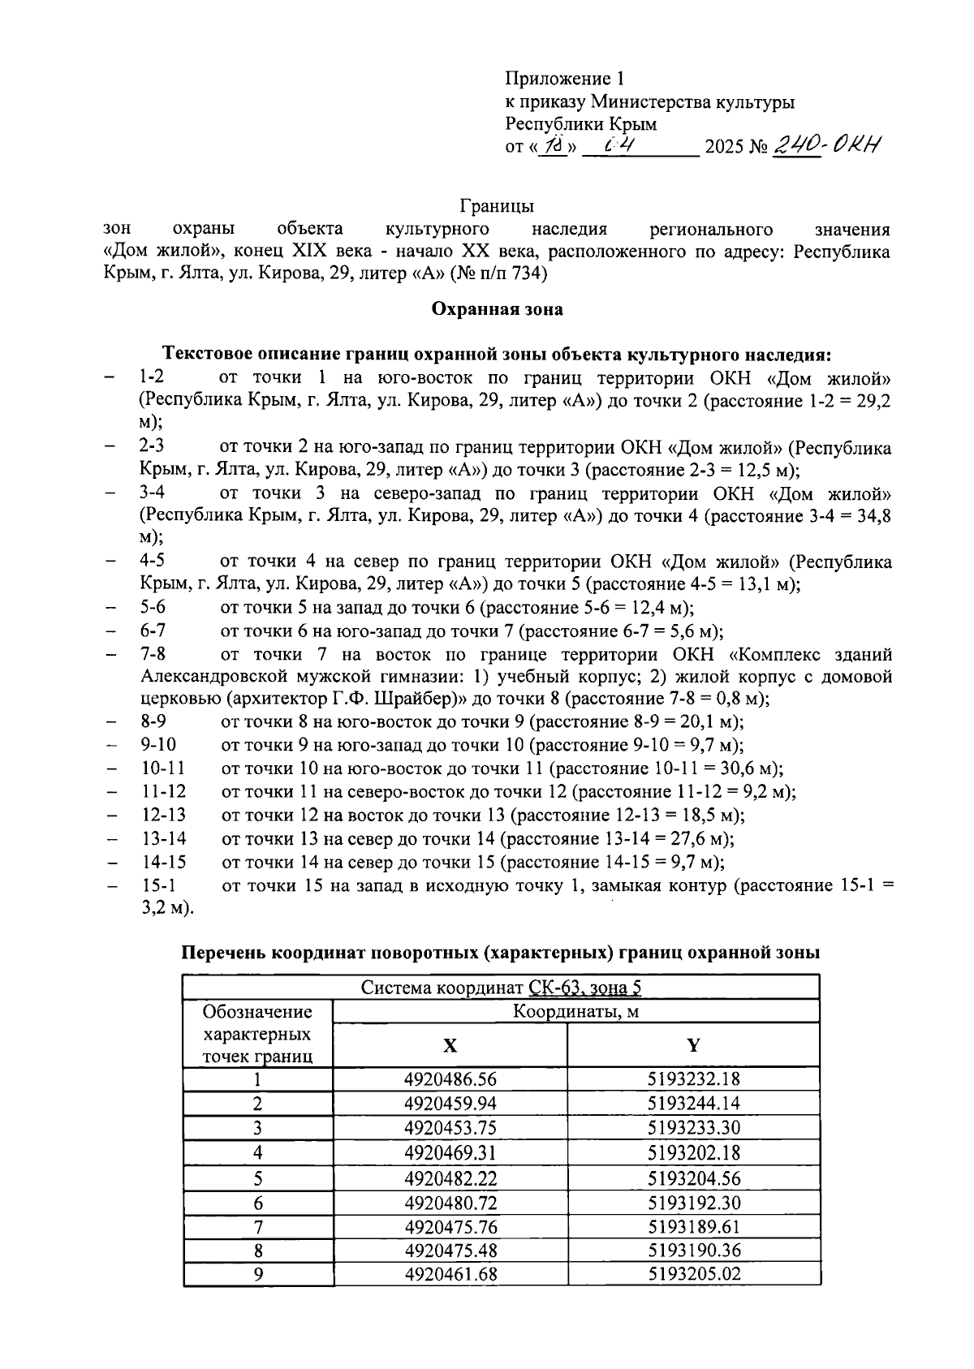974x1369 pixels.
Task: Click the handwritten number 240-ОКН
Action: pos(827,146)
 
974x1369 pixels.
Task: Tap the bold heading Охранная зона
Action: pos(497,309)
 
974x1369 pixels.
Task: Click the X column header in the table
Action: pos(450,1045)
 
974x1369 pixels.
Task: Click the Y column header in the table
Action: pos(693,1045)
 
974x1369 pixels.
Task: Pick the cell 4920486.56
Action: pos(450,1079)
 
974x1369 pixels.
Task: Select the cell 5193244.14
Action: pos(694,1104)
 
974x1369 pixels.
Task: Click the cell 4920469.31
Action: pos(450,1152)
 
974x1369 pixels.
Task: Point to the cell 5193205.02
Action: pos(694,1274)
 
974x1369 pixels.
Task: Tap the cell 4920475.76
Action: pos(450,1226)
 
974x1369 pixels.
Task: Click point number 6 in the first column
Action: pos(258,1203)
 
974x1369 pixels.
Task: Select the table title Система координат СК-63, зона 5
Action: pos(501,988)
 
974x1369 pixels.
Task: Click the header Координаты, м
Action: pos(575,1011)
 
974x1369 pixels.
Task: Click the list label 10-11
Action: pos(162,768)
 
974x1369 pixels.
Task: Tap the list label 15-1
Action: pos(158,885)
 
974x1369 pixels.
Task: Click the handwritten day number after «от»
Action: pos(555,147)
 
